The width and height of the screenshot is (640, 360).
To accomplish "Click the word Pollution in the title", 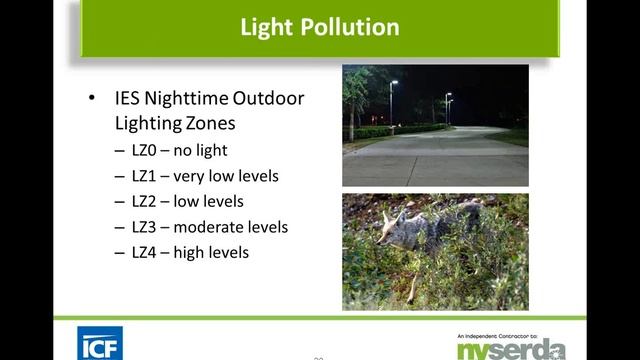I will pyautogui.click(x=346, y=26).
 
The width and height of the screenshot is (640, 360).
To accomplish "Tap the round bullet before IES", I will pyautogui.click(x=93, y=99).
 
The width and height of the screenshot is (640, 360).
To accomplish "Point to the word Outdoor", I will pyautogui.click(x=269, y=99).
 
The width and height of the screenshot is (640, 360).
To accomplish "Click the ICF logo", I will pyautogui.click(x=100, y=343).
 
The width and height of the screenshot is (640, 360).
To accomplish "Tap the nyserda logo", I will pyautogui.click(x=511, y=347).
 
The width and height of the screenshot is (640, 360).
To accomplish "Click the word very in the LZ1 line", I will pyautogui.click(x=191, y=176).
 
